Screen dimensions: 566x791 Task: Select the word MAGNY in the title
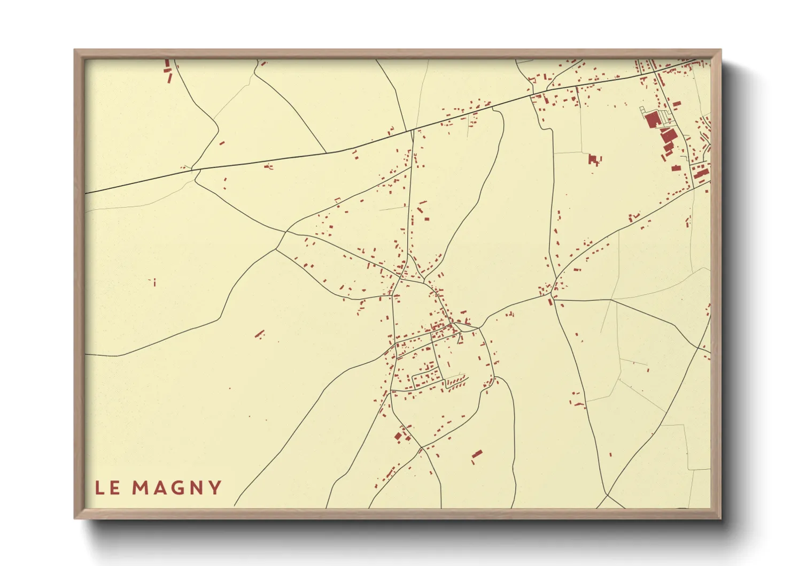click(177, 488)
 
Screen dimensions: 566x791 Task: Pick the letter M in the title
click(139, 488)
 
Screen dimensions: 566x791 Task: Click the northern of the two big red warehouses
click(653, 119)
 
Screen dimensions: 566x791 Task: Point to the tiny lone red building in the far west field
click(154, 281)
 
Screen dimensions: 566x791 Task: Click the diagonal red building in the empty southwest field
click(260, 334)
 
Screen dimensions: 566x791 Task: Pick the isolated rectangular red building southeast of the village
click(477, 454)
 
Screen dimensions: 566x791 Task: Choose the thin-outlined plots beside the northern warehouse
click(663, 115)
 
